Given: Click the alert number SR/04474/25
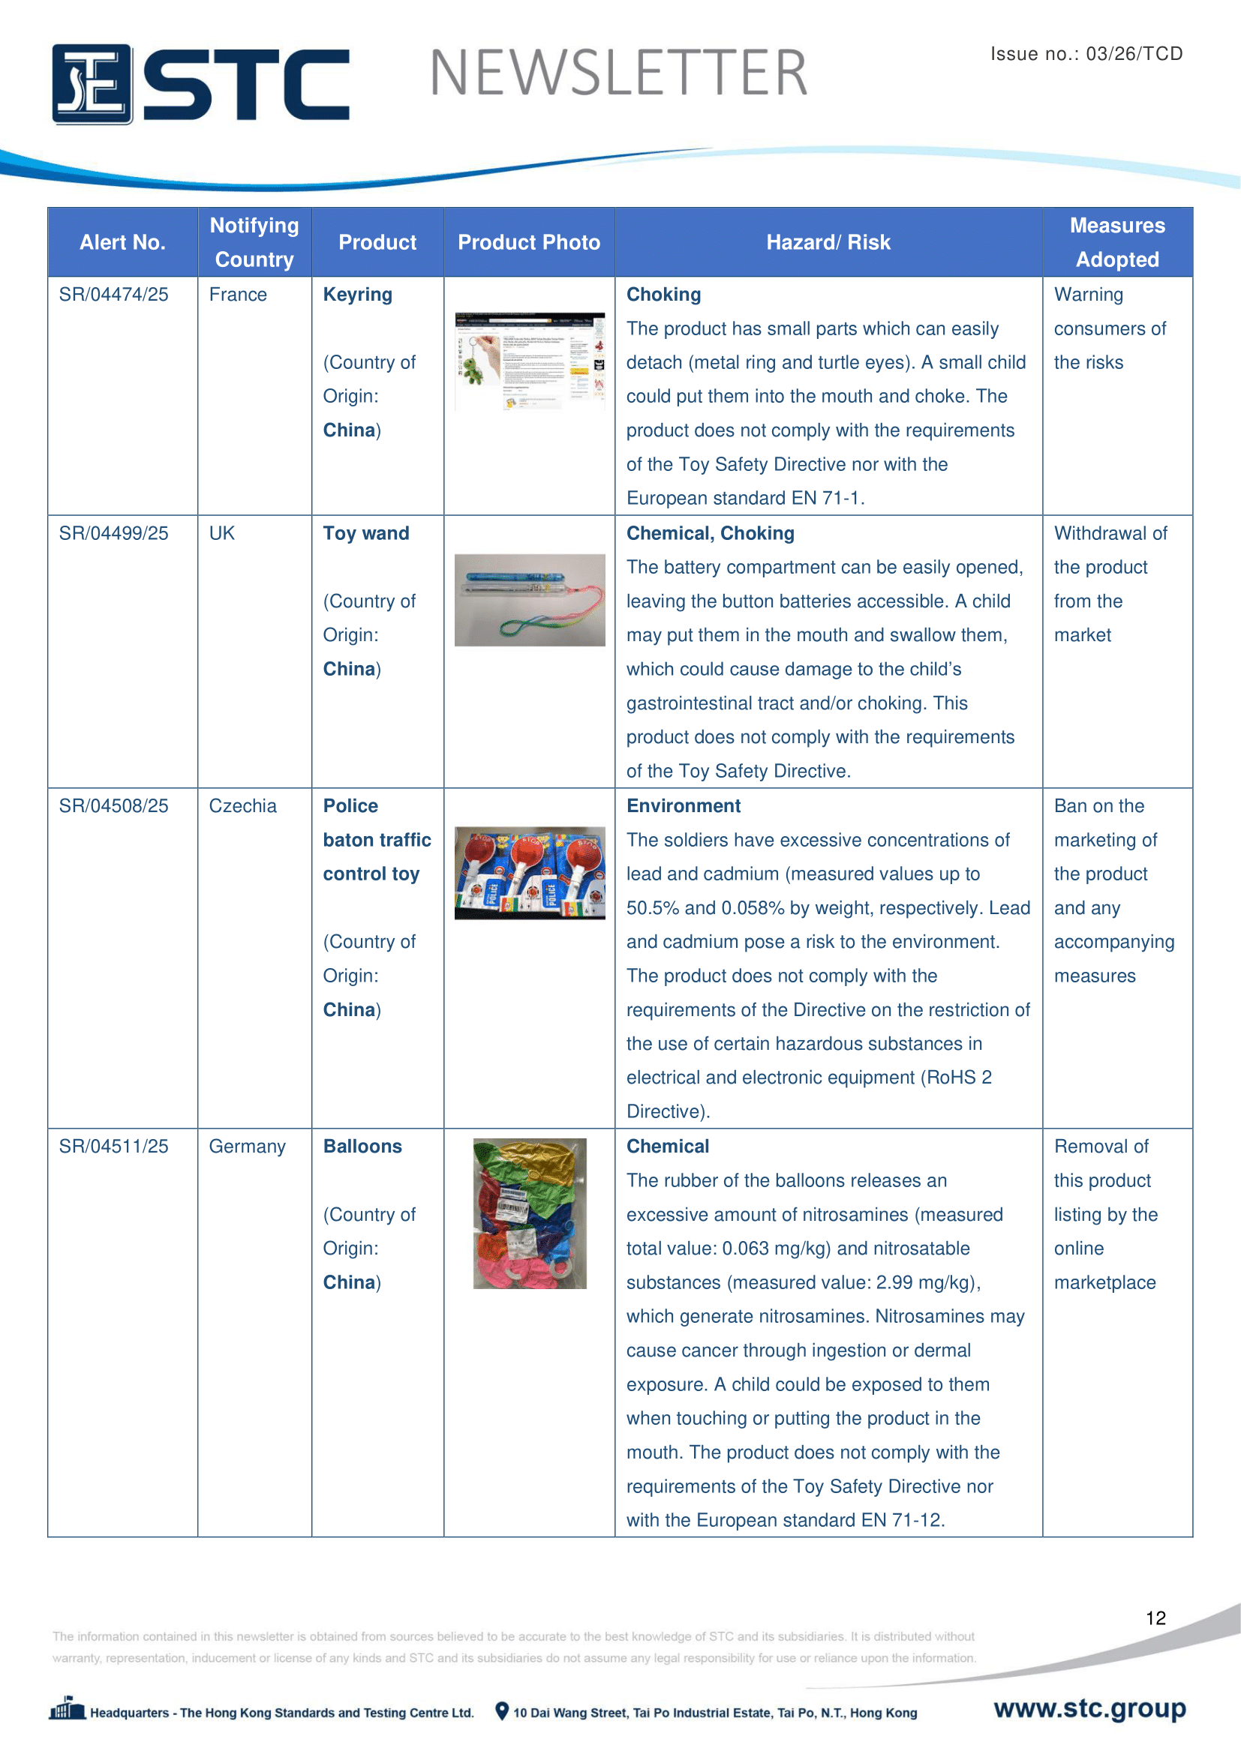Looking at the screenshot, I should (x=114, y=295).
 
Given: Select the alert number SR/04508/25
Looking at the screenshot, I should (x=114, y=806).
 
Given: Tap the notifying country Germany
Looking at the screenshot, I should (x=247, y=1147).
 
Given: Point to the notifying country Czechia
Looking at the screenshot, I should (x=242, y=806).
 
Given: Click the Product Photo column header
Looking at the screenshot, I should (x=529, y=243).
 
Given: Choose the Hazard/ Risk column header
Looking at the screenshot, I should (x=828, y=243).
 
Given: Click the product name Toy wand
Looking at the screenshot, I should (x=366, y=533).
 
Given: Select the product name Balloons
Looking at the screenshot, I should (x=362, y=1147).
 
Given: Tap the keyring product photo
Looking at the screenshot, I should (x=530, y=361).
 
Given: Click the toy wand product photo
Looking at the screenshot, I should (x=530, y=600).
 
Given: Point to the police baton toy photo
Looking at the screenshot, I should (x=530, y=872).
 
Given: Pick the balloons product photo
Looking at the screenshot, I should (x=530, y=1213).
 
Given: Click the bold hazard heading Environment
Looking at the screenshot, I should (x=684, y=806).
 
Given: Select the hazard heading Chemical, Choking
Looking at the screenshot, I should (x=710, y=533).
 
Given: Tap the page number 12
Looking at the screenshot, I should (x=1155, y=1618).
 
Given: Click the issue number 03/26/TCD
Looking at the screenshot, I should (x=1134, y=54).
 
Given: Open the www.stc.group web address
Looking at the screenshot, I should (x=1089, y=1708).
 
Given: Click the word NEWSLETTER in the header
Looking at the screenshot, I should (x=618, y=73).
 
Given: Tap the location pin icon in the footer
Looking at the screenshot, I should (x=501, y=1711).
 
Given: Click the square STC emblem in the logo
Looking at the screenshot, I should (x=92, y=84).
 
